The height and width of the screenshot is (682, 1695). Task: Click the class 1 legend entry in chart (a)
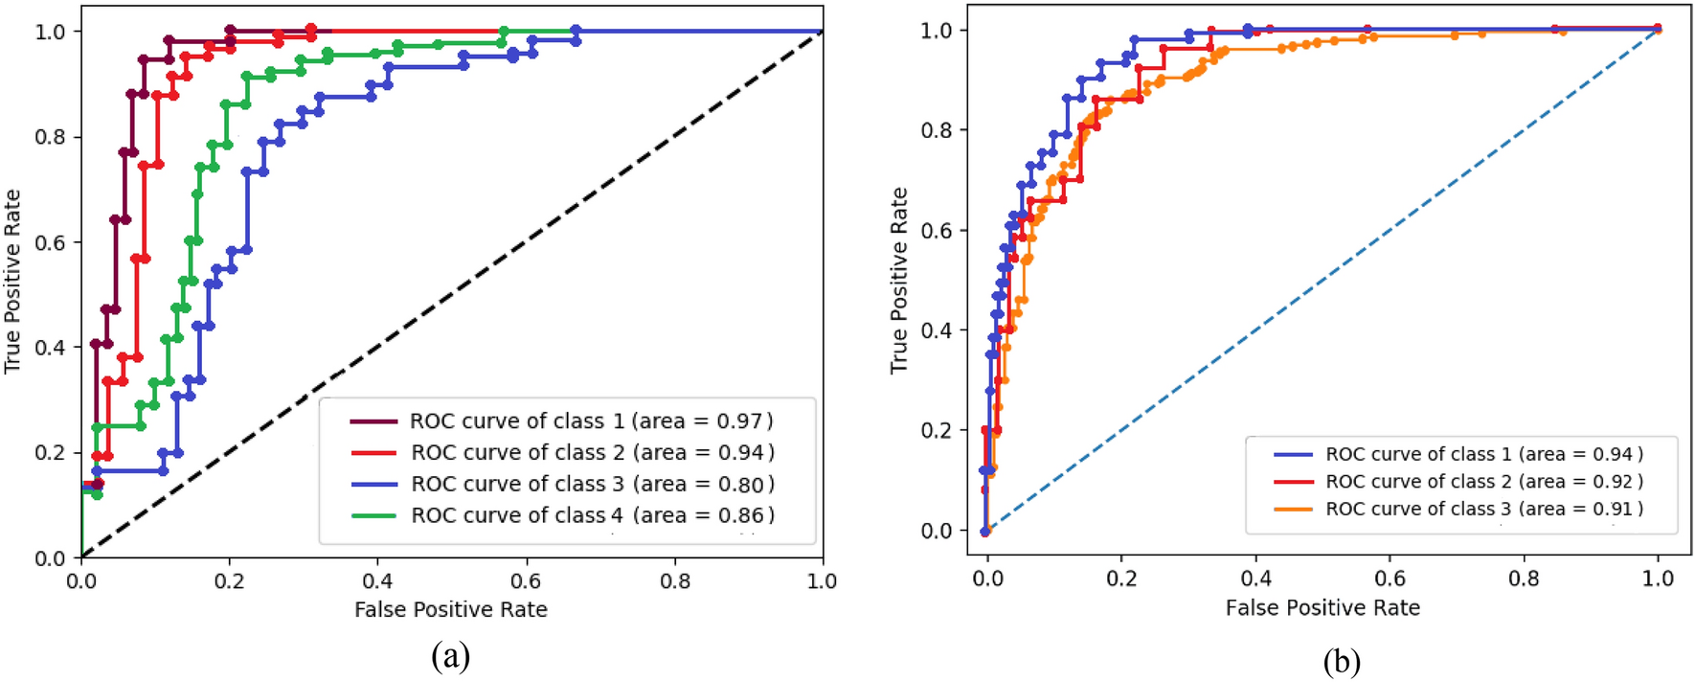[591, 421]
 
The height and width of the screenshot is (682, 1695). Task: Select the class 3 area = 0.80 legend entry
[592, 485]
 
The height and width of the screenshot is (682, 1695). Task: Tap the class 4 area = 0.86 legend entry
[592, 516]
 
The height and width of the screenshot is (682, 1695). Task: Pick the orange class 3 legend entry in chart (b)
[1483, 510]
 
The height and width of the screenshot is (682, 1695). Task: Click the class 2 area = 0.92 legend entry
[1483, 482]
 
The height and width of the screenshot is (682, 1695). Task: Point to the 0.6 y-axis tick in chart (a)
[50, 242]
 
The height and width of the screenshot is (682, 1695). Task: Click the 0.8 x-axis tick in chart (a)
[674, 581]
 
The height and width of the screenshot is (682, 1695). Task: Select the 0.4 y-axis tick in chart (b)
[937, 330]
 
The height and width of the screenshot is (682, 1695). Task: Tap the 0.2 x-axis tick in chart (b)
[1121, 580]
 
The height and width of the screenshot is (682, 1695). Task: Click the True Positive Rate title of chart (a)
[12, 282]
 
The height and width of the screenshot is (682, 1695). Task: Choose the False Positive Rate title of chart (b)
[1322, 608]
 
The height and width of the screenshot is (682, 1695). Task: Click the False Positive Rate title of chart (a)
[451, 610]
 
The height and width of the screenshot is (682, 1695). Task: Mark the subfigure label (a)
[451, 656]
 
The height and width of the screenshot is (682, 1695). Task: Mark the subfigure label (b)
[1341, 661]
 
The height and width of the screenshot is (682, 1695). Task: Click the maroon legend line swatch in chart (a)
[373, 421]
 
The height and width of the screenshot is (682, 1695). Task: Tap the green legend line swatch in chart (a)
[373, 516]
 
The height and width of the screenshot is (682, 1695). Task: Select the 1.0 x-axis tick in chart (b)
[1658, 580]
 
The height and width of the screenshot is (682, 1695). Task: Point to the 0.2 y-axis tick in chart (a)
[50, 453]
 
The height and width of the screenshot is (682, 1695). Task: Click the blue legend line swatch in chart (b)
[1293, 455]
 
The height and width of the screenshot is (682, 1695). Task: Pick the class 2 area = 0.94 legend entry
[592, 453]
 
